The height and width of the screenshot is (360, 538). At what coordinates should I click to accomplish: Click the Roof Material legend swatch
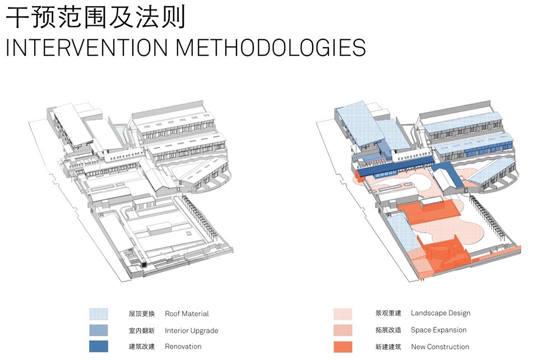click(99, 314)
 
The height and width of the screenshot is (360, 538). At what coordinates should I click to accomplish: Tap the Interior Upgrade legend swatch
click(99, 330)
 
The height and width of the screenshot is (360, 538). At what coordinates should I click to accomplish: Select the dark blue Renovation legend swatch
click(99, 347)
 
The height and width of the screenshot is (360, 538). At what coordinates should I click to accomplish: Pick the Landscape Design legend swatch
click(343, 313)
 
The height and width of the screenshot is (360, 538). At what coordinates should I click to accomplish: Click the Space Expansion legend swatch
click(343, 330)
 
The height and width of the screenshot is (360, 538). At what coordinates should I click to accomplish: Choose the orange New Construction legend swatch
click(343, 347)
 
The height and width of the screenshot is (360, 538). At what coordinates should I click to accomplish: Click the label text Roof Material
click(187, 313)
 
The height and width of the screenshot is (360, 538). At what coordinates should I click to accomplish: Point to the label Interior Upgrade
click(192, 330)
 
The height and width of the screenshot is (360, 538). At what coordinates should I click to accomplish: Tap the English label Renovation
click(183, 347)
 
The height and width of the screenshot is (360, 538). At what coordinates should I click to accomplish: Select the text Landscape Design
click(440, 313)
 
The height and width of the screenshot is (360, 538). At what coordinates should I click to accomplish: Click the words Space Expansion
click(438, 330)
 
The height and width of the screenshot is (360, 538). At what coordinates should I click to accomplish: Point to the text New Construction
click(440, 347)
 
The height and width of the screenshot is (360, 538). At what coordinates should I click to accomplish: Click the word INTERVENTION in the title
click(87, 47)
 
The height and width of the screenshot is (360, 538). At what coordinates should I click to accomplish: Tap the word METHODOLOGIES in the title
click(271, 47)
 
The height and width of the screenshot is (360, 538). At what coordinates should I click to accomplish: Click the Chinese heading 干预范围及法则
click(95, 16)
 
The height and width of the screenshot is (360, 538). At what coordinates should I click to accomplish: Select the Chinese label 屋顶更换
click(142, 313)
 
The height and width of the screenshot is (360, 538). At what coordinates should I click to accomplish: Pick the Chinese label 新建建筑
click(388, 347)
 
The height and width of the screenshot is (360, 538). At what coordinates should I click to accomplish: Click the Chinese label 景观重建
click(388, 313)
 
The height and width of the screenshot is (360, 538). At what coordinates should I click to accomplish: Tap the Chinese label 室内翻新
click(142, 330)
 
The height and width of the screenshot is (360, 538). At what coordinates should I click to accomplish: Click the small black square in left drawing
click(144, 265)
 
